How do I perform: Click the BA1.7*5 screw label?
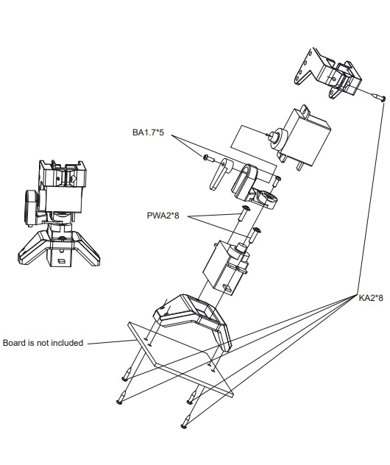(148, 132)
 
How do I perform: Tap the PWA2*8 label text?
(163, 216)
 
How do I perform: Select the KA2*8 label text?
(371, 298)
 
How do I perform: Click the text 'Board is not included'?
(43, 343)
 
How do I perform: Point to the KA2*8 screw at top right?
(379, 97)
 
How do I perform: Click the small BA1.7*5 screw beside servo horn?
(209, 158)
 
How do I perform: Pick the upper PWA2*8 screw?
(244, 213)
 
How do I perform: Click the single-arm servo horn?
(220, 174)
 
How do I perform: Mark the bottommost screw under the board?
(185, 422)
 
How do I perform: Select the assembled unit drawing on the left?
(59, 213)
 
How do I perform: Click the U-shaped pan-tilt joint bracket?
(254, 187)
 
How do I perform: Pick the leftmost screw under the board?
(121, 397)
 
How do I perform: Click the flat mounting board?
(181, 359)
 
